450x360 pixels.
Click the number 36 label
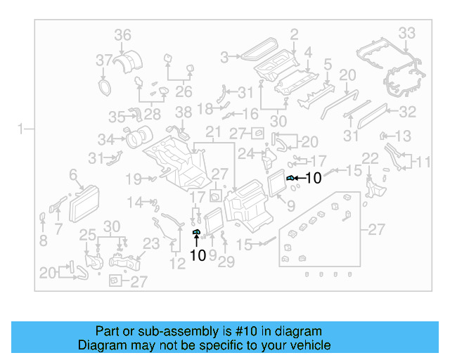[x=123, y=35]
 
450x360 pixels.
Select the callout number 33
[x=407, y=32]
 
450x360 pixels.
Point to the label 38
[x=183, y=112]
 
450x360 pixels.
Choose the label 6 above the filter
[x=72, y=174]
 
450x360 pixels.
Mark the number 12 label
[x=178, y=263]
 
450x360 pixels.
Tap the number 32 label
[x=407, y=112]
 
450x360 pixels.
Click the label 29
[x=226, y=262]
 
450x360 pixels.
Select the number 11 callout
[x=421, y=162]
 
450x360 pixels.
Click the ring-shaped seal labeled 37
[x=105, y=87]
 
